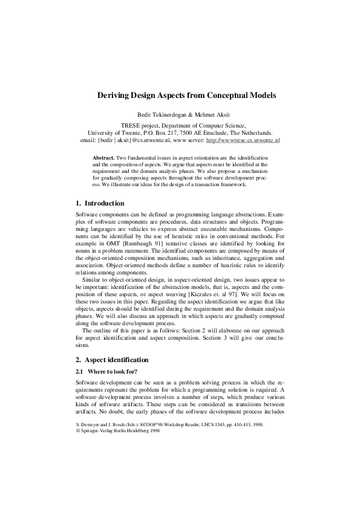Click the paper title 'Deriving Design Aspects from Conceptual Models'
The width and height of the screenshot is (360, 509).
180,96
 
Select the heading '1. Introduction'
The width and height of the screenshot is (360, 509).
100,203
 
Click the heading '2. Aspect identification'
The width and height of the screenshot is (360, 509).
112,360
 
